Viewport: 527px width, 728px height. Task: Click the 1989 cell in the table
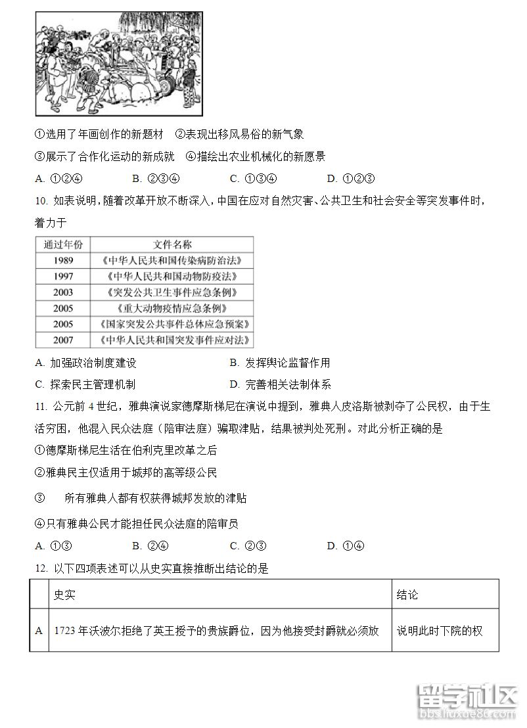point(64,260)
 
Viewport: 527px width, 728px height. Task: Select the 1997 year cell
point(64,276)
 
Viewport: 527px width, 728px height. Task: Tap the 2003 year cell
point(64,292)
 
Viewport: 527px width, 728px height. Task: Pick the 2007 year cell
point(64,340)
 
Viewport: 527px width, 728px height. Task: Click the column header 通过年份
point(64,244)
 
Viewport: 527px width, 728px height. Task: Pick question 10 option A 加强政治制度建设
point(86,363)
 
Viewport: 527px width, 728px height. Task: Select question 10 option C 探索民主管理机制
point(86,384)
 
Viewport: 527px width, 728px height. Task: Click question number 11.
point(41,407)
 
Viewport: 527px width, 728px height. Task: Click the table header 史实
point(64,595)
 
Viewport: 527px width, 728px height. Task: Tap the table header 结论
point(407,595)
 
